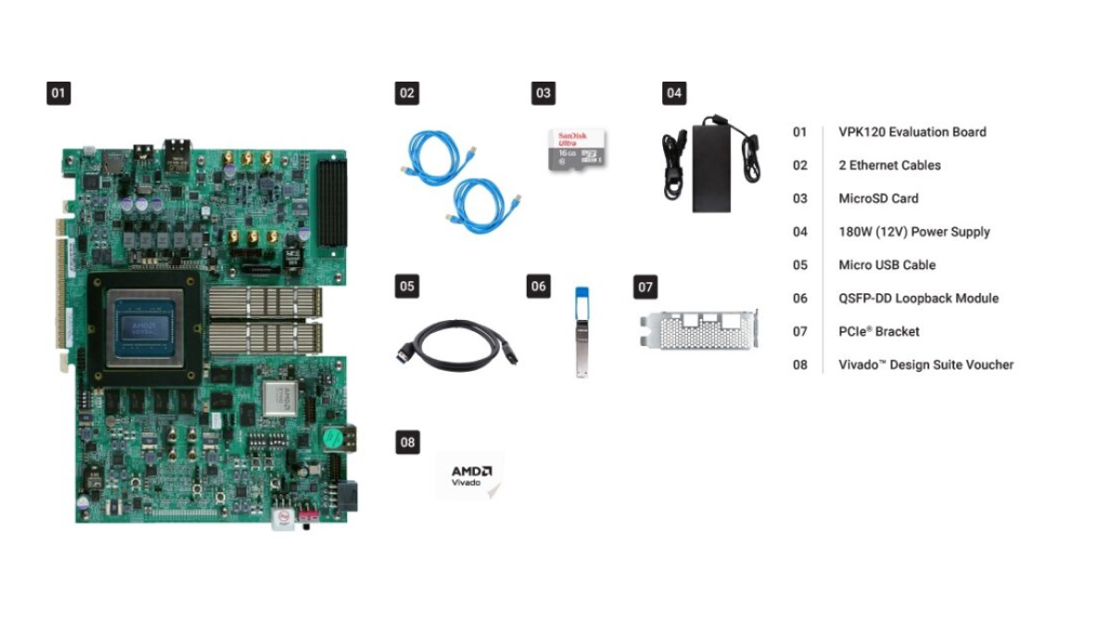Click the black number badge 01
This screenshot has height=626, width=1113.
pos(58,93)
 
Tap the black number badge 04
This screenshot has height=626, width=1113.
pos(674,93)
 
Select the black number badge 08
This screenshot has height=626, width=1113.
pos(407,442)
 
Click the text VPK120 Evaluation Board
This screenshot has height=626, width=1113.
pos(912,132)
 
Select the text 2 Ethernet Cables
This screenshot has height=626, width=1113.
pos(889,165)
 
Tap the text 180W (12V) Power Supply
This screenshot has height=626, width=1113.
pos(914,232)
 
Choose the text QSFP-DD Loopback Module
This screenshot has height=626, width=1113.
pos(918,298)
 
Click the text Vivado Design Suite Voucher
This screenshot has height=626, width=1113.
pos(926,364)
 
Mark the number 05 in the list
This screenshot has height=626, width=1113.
pos(800,265)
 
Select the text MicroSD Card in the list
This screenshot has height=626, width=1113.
pos(877,198)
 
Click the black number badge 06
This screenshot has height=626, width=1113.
pos(539,287)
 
